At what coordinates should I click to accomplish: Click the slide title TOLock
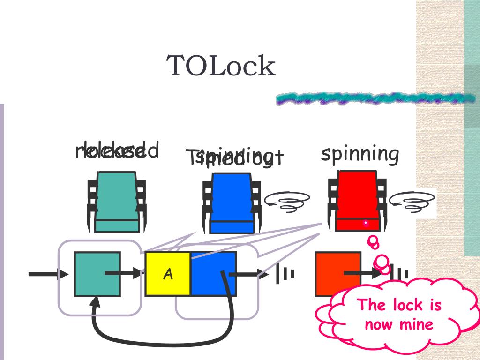click(x=221, y=66)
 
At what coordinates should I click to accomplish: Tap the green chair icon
click(x=117, y=202)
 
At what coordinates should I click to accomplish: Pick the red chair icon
click(x=357, y=201)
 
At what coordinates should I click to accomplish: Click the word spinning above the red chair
click(x=360, y=154)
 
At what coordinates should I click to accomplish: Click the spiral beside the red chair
click(x=412, y=202)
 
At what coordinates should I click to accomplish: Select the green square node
click(x=97, y=274)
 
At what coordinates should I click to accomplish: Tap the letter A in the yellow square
click(x=167, y=274)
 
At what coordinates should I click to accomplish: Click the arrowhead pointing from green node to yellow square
click(x=136, y=273)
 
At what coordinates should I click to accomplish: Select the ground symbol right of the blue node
click(x=285, y=274)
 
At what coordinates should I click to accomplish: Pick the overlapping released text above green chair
click(x=117, y=151)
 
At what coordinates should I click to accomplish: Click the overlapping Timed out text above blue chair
click(x=234, y=157)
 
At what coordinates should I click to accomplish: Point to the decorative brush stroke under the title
click(x=375, y=98)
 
